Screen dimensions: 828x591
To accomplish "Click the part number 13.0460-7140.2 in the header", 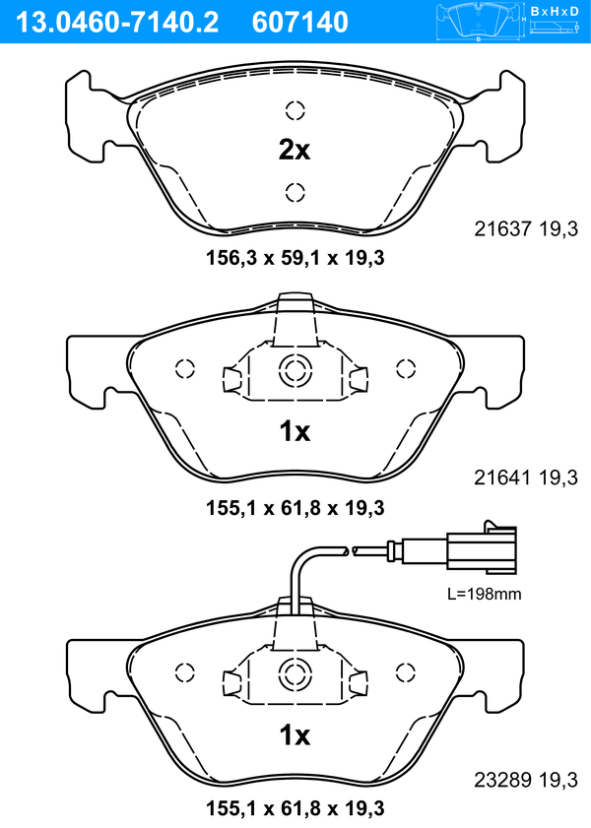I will click(114, 21).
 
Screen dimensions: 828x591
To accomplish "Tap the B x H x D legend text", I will click(556, 11).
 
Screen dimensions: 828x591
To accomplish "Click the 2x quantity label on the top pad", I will click(294, 151).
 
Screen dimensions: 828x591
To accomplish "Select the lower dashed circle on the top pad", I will click(294, 191).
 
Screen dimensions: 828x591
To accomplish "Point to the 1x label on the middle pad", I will click(294, 431).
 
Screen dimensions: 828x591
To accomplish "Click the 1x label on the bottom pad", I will click(294, 735).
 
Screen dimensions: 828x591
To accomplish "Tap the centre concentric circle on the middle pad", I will click(294, 371).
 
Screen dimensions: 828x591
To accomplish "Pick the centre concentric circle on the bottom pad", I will click(294, 674).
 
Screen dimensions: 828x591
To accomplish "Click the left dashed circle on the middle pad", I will click(183, 369).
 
